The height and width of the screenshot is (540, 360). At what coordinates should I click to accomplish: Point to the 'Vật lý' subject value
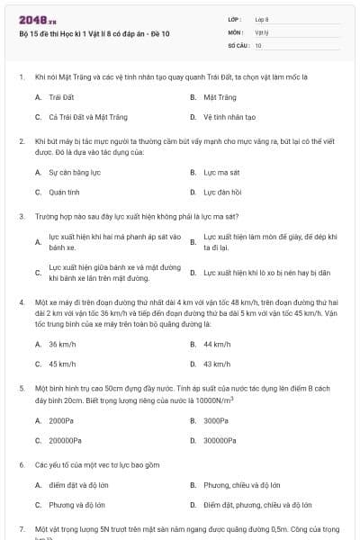[x=262, y=31]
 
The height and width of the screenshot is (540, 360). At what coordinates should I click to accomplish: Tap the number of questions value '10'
[x=258, y=44]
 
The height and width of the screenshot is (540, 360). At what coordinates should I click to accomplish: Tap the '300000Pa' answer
[x=221, y=441]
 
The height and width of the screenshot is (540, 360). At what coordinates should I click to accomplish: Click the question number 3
[x=22, y=216]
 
